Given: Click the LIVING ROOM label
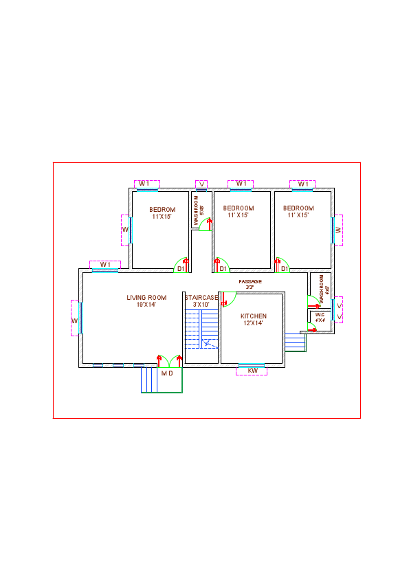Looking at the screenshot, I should pos(146,298).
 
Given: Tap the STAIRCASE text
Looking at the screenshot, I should pos(201,298).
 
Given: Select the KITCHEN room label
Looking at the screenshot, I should pos(253,316).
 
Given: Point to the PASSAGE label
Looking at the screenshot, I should pos(250,282).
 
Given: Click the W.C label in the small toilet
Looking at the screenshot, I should pos(320,315).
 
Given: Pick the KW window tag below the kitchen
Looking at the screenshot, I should pos(252,371).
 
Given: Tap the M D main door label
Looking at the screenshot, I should pos(167,373).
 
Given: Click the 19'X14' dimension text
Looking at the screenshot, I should pos(146,305).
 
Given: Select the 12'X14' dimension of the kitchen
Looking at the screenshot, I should pos(253,323).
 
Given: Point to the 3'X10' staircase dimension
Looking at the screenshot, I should pos(201,305).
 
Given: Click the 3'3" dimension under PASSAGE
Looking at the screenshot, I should pos(250,287).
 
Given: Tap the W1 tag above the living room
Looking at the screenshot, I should pos(105,265).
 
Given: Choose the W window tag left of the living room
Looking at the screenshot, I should pos(75,321).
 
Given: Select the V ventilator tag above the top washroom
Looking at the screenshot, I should pos(201,184).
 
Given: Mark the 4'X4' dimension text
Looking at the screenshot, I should pos(320,320).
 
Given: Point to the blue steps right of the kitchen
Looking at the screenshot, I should pos(295,342).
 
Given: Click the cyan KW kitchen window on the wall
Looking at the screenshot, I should pos(252,364).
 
